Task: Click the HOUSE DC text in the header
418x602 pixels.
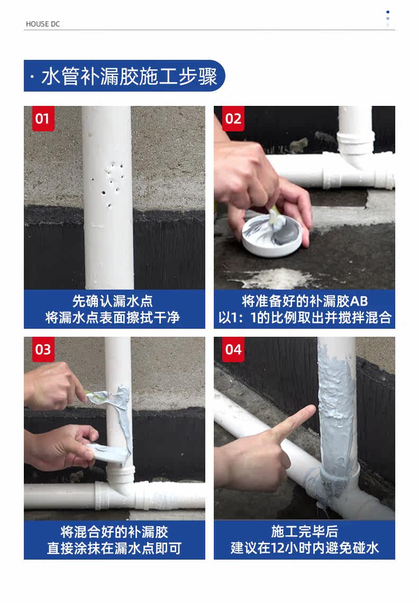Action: (x=43, y=24)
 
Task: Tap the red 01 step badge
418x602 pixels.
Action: (x=43, y=119)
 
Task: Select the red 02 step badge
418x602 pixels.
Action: (x=233, y=119)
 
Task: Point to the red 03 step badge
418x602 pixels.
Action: (x=43, y=349)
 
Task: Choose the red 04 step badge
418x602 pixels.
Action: (x=233, y=349)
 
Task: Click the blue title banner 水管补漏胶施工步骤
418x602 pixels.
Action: (x=124, y=76)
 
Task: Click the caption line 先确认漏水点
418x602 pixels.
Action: (x=113, y=301)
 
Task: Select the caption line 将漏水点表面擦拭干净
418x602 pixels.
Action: (x=113, y=318)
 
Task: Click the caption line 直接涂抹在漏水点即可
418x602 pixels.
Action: (x=114, y=548)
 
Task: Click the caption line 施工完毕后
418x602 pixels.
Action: (x=305, y=532)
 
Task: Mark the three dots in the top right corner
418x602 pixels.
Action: (x=388, y=19)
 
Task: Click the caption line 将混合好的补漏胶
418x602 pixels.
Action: (x=114, y=532)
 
